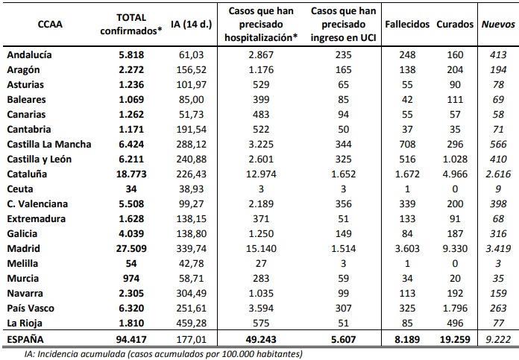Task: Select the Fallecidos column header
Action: coord(407,24)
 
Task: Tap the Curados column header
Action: coord(456,24)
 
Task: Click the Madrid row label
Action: coord(23,248)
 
